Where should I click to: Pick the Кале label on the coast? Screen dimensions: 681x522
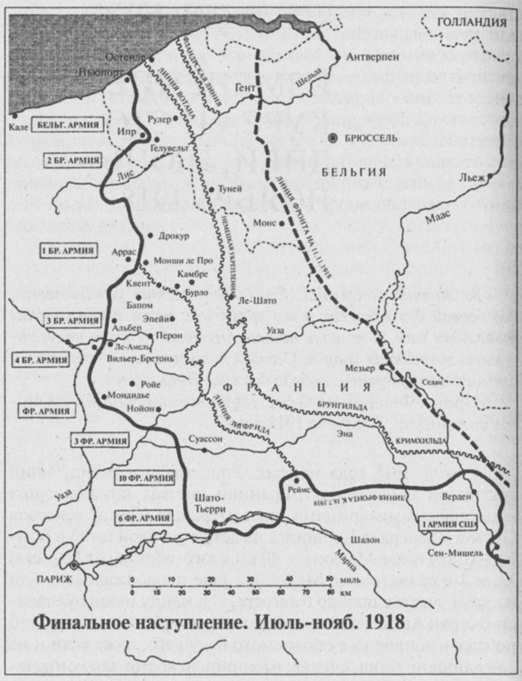click(x=18, y=125)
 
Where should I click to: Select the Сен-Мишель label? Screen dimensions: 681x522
click(x=458, y=553)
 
